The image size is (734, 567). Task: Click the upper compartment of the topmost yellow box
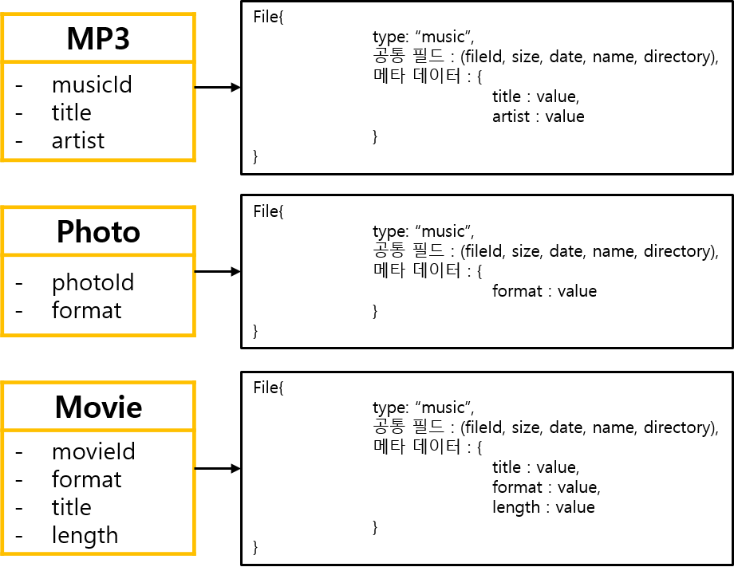pyautogui.click(x=99, y=37)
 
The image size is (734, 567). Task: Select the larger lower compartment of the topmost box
pyautogui.click(x=99, y=111)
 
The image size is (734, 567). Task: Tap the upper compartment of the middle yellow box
pyautogui.click(x=99, y=231)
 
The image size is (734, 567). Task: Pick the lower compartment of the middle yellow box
pyautogui.click(x=99, y=295)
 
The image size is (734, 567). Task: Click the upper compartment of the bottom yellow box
pyautogui.click(x=99, y=407)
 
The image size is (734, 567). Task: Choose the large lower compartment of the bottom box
pyautogui.click(x=99, y=491)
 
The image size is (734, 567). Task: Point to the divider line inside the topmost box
pyautogui.click(x=99, y=61)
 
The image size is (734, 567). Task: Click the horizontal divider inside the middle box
pyautogui.click(x=99, y=255)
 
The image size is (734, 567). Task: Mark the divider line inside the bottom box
pyautogui.click(x=99, y=430)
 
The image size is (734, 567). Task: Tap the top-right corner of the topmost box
pyautogui.click(x=194, y=14)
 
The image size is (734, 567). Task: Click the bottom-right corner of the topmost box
pyautogui.click(x=194, y=159)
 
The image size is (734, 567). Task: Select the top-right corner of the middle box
pyautogui.click(x=194, y=207)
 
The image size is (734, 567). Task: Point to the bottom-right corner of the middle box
pyautogui.click(x=194, y=334)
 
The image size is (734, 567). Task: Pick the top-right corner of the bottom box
pyautogui.click(x=194, y=383)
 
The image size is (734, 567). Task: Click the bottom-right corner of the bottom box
pyautogui.click(x=194, y=553)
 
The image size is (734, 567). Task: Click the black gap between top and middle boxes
pyautogui.click(x=99, y=183)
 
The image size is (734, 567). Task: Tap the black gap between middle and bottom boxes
pyautogui.click(x=99, y=359)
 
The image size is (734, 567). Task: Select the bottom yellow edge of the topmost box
pyautogui.click(x=99, y=159)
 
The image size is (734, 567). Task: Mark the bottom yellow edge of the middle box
pyautogui.click(x=99, y=334)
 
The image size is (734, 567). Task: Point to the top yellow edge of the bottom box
pyautogui.click(x=99, y=383)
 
